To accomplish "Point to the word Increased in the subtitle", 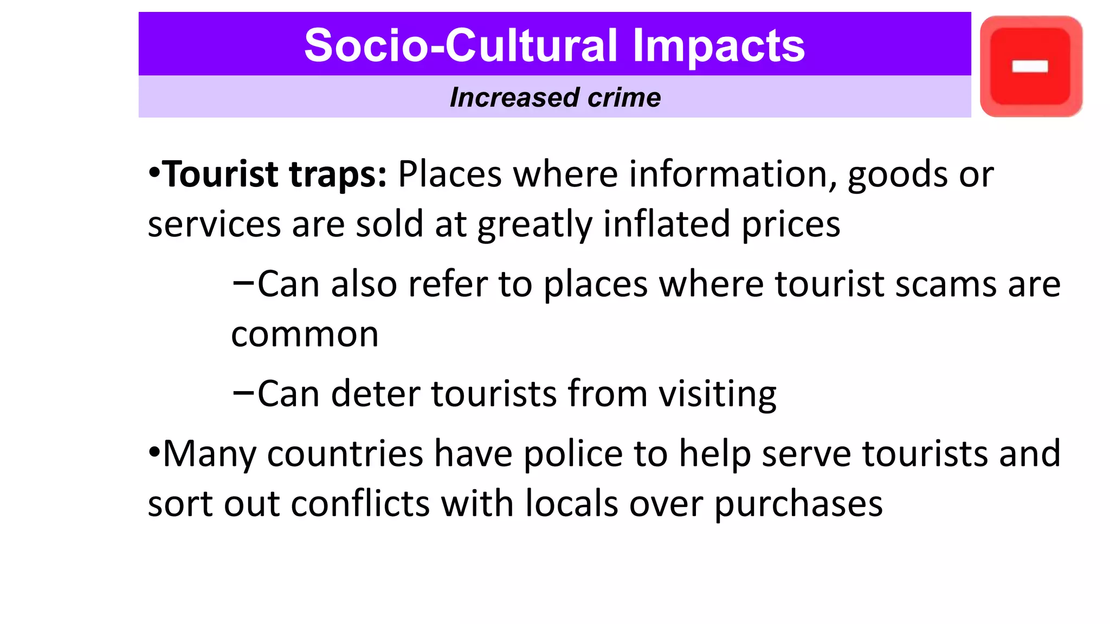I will coord(514,98).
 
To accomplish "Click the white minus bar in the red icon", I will coord(1030,66).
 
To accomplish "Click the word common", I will coord(305,335).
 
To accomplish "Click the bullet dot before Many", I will coord(154,451).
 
